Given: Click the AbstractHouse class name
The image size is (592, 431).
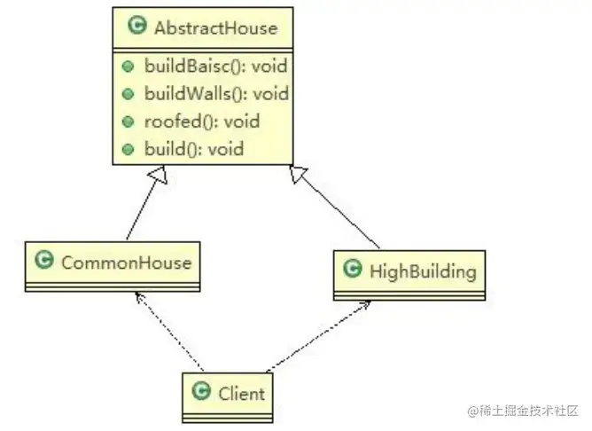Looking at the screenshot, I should point(215,27).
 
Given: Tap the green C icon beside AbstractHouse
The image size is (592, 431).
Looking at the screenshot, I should point(136,27).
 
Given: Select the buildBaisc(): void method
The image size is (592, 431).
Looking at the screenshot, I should point(215,67).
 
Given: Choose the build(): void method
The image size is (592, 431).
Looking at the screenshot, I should point(193,148).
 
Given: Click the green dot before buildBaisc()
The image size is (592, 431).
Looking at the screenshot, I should point(129,67).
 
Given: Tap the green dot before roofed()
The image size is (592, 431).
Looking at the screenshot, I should point(129,121).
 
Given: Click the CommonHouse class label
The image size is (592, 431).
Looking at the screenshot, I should point(126,262).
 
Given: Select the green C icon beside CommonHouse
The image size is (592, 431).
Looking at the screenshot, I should point(43,261).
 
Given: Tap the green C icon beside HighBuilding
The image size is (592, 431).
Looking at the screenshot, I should point(352,268).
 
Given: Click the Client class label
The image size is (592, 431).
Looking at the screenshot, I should point(242,392).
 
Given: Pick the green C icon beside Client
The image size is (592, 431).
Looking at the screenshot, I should point(201,391).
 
